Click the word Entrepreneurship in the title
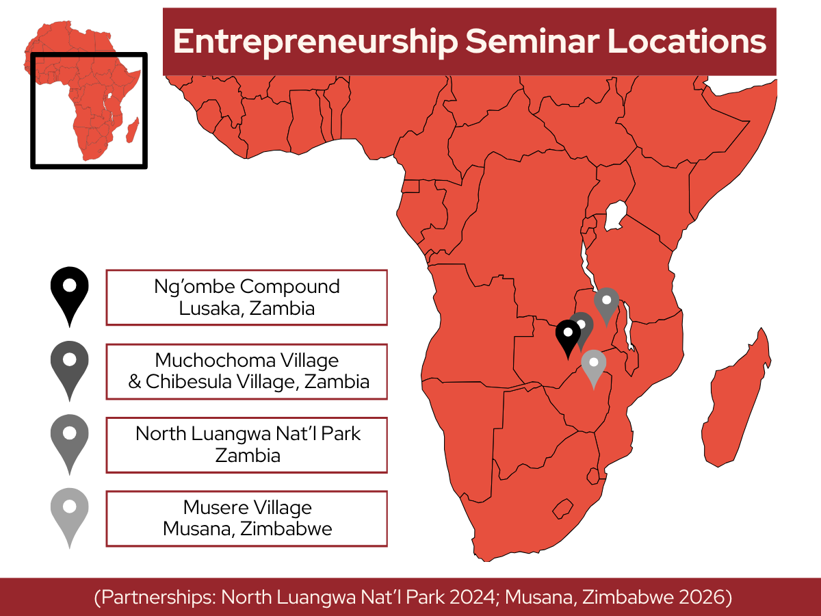pos(315,42)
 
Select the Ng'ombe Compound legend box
pos(246,297)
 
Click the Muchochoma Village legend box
pos(246,371)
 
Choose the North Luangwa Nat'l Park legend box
pos(246,444)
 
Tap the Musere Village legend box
pos(246,518)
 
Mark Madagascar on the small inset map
pos(133,129)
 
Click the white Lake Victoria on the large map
pos(618,214)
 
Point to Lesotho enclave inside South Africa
pos(562,509)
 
